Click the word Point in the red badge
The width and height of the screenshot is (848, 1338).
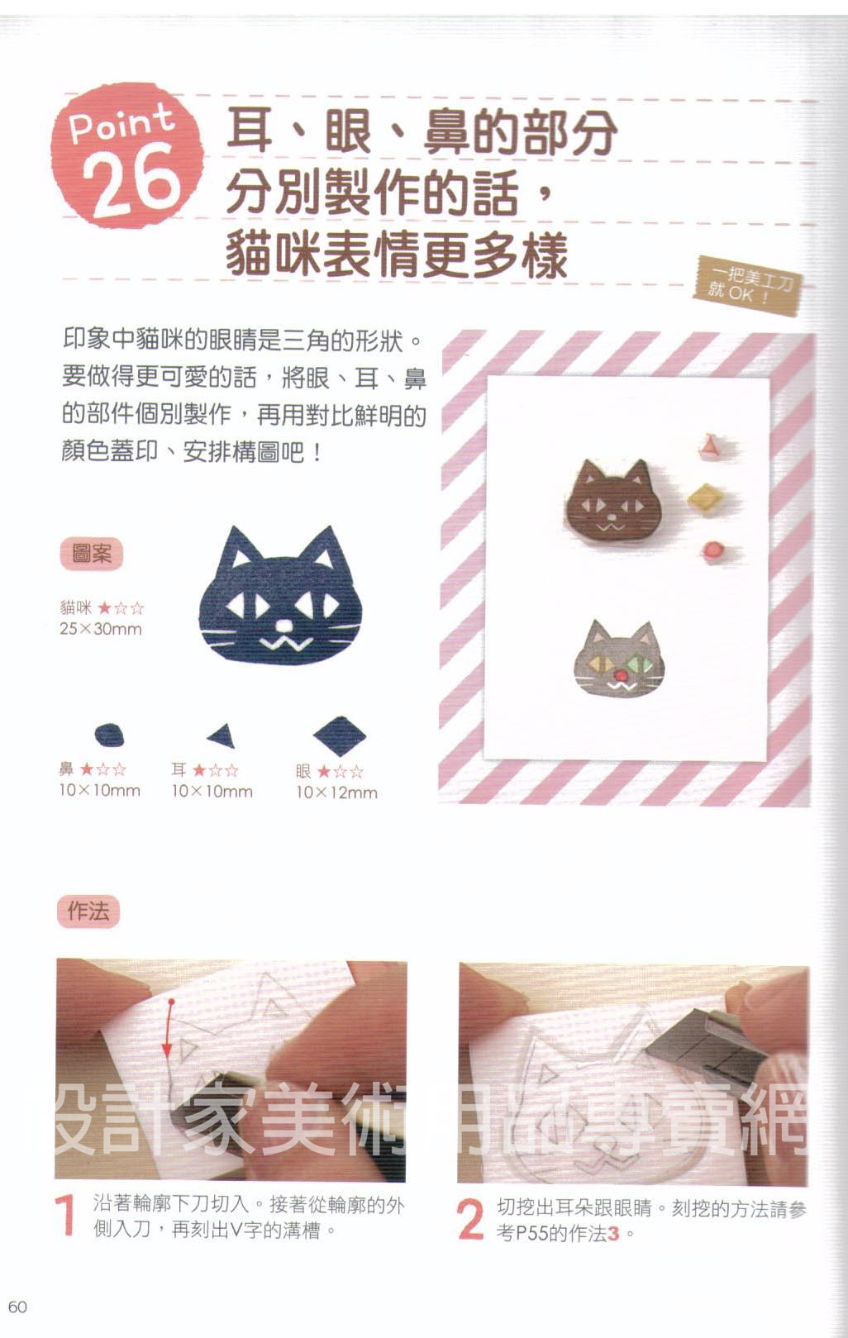(x=121, y=124)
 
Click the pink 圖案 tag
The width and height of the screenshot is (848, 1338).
(x=92, y=555)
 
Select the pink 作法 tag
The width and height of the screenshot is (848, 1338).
(x=88, y=912)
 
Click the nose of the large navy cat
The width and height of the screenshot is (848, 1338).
(x=285, y=626)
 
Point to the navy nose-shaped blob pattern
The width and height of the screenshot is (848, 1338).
(x=109, y=735)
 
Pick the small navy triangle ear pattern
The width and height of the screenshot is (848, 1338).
(x=222, y=736)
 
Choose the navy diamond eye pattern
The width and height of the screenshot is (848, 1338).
(x=339, y=736)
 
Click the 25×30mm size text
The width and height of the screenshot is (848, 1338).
(x=101, y=629)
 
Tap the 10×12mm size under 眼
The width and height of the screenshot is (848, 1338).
(x=337, y=793)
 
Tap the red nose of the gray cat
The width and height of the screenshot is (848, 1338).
(x=621, y=675)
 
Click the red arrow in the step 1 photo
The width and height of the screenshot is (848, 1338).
(x=169, y=1027)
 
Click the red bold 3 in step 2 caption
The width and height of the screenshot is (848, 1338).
(x=612, y=1234)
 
